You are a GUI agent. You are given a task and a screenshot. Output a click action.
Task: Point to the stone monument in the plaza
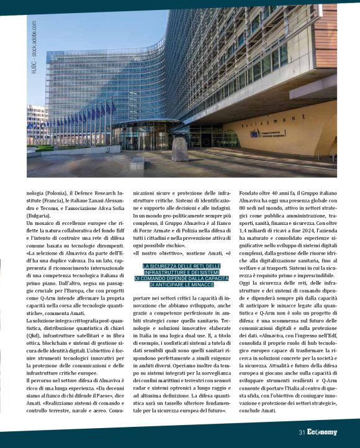tap(181, 149)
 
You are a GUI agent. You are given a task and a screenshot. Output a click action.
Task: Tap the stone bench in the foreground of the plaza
tap(137, 163)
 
